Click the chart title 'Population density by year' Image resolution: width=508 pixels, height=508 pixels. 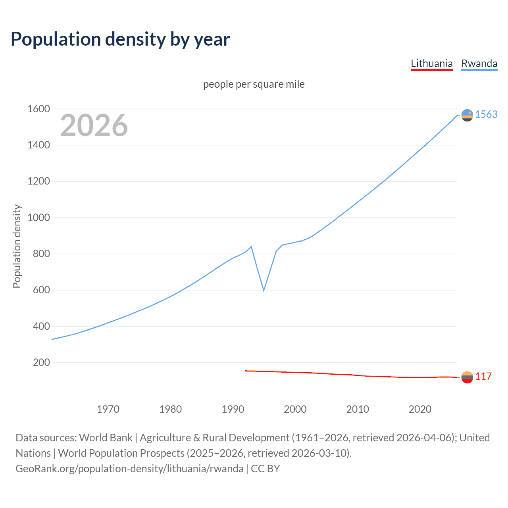point(120,39)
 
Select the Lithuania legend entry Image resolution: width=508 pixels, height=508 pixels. point(431,63)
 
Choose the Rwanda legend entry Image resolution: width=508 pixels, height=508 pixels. point(479,63)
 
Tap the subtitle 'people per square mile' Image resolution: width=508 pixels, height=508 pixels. point(254,84)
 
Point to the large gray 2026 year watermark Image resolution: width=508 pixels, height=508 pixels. point(94,125)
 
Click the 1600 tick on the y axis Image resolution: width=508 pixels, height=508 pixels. point(38,109)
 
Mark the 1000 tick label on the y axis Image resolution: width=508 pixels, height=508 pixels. point(38,217)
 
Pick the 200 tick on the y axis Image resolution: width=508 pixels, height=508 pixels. point(41,362)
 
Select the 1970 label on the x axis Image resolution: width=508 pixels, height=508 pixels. point(108,409)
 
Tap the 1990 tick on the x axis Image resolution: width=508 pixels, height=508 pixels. point(233,409)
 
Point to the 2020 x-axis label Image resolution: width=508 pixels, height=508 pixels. point(420,409)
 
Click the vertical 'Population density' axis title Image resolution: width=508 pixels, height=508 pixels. point(17,246)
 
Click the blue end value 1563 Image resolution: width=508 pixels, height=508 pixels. point(486,114)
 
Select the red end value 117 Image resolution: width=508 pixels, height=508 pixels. point(483,376)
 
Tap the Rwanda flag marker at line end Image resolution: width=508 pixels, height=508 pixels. point(467,115)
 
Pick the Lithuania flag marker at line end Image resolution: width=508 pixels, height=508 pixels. point(467,377)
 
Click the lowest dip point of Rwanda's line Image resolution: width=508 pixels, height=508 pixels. point(264,291)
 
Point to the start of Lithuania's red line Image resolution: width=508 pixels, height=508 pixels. point(246,371)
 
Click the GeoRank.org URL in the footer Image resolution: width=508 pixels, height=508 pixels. point(129,469)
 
